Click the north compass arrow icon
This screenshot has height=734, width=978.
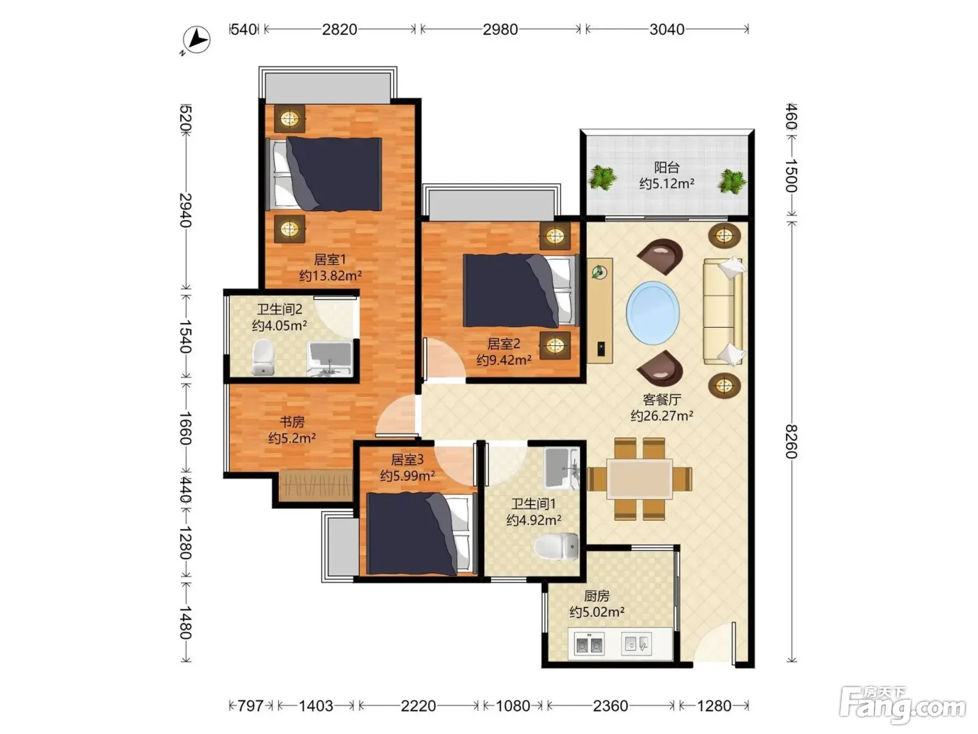coord(196,41)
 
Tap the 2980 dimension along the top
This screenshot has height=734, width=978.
coord(500,29)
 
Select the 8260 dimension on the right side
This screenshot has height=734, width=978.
coord(791,441)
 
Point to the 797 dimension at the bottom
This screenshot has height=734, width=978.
coord(250,705)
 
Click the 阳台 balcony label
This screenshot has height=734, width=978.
coord(666,168)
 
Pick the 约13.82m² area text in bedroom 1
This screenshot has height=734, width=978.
coord(330,276)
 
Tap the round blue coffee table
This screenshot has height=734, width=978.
coord(652,312)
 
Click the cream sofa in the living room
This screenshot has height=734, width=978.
coord(724,311)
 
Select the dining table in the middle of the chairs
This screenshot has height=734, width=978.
coord(640,479)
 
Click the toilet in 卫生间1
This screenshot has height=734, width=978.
coord(555,547)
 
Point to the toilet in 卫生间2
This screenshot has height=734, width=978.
coord(263,357)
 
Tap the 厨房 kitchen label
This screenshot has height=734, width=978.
coord(596,596)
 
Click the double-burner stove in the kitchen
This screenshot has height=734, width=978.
coord(589,644)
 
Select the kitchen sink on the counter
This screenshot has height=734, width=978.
coord(636,644)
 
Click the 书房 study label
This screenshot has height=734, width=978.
coord(292,421)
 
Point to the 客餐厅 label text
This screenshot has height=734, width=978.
coord(662,399)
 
